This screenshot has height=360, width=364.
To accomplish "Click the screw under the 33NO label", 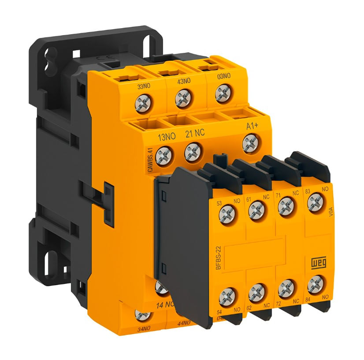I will [x=144, y=104].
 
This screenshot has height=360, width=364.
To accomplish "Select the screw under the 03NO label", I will [x=223, y=94].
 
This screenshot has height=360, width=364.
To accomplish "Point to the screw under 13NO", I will [x=163, y=155].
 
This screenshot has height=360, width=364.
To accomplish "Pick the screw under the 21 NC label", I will [x=193, y=152].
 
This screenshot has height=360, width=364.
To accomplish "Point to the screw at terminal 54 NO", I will [x=228, y=297].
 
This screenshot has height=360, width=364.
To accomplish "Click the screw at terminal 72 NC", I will [x=286, y=288].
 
